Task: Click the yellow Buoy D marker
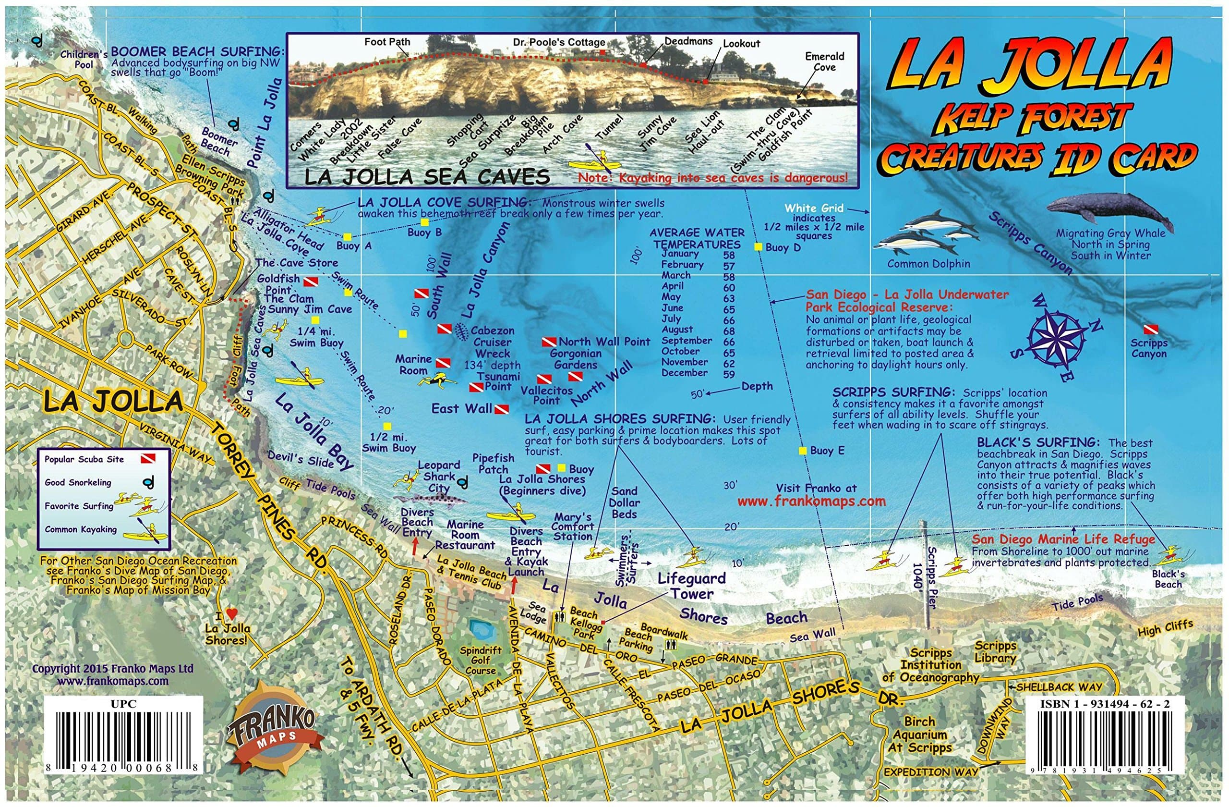pyautogui.click(x=758, y=247)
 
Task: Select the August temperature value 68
pyautogui.click(x=729, y=331)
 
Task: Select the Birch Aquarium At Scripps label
pyautogui.click(x=920, y=735)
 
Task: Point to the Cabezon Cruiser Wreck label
pyautogui.click(x=493, y=342)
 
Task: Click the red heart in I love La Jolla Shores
pyautogui.click(x=232, y=615)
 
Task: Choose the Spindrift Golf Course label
pyautogui.click(x=480, y=660)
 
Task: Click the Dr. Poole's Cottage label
pyautogui.click(x=559, y=42)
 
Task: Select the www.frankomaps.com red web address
pyautogui.click(x=811, y=501)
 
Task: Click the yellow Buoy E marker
pyautogui.click(x=803, y=451)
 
